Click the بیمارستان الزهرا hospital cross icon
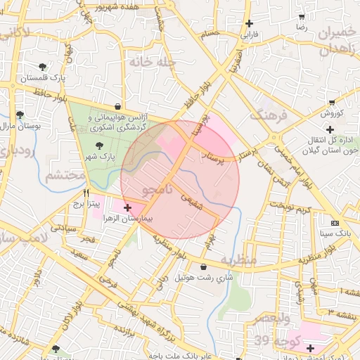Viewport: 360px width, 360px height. pos(127,207)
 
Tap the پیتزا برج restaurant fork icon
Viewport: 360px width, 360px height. pos(86,193)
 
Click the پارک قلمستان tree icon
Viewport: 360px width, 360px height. pos(44,68)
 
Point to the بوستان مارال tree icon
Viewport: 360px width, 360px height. pos(20,114)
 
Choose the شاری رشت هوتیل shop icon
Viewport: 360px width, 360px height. pos(203,267)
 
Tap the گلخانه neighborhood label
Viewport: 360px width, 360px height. pos(151,62)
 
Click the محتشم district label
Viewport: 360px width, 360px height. pos(60,176)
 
